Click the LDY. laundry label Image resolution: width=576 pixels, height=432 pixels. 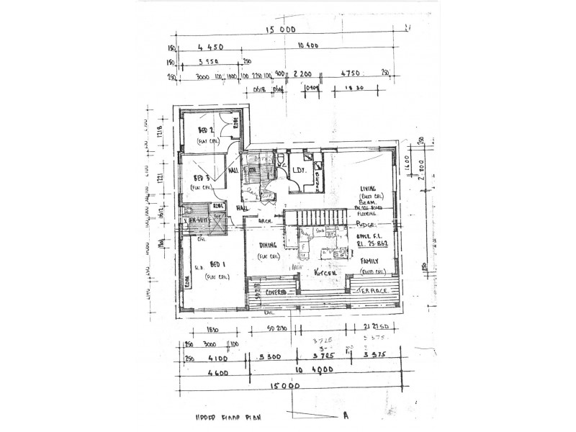click(x=300, y=171)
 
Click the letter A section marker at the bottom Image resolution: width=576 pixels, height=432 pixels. click(x=346, y=415)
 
